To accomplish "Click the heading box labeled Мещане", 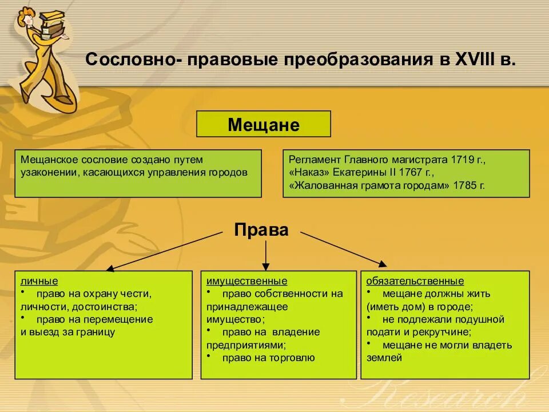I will pyautogui.click(x=264, y=124).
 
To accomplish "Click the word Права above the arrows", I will pyautogui.click(x=261, y=231).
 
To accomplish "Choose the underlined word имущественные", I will pyautogui.click(x=247, y=281).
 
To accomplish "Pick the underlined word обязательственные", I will pyautogui.click(x=415, y=281).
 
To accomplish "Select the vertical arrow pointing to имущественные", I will pyautogui.click(x=265, y=255).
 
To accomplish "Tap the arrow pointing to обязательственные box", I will pyautogui.click(x=343, y=249).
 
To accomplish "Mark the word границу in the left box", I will pyautogui.click(x=93, y=332).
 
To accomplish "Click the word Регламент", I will pyautogui.click(x=312, y=159).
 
